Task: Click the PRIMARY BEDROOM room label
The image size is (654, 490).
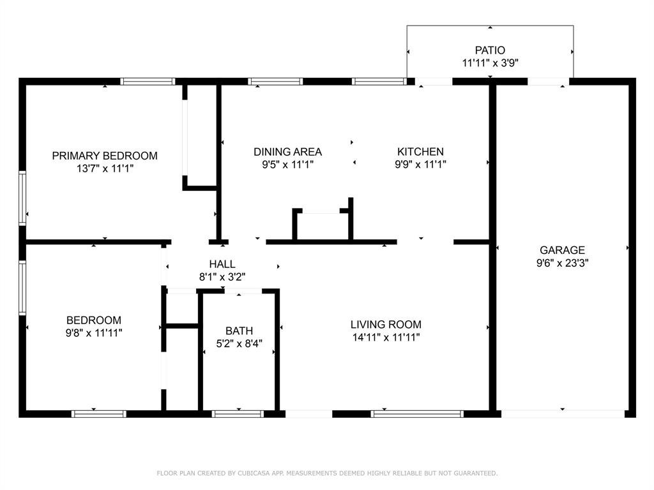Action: click(105, 156)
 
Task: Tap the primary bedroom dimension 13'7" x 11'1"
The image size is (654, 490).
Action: click(105, 168)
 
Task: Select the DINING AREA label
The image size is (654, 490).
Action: click(287, 152)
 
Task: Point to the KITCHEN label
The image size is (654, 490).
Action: click(420, 152)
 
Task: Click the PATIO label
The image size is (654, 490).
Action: click(490, 50)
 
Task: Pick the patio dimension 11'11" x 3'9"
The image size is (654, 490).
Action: click(490, 63)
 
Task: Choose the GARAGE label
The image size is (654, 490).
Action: click(562, 251)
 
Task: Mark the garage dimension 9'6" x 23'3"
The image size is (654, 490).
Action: click(562, 263)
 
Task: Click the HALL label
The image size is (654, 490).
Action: click(222, 264)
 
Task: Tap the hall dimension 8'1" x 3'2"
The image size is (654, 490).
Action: click(222, 277)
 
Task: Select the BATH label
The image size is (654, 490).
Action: click(239, 331)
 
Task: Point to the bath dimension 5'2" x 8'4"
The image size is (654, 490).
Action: click(239, 344)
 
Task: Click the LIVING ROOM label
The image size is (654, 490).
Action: click(386, 325)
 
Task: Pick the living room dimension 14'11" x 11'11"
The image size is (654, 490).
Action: click(386, 338)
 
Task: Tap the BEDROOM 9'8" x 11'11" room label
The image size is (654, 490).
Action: click(94, 320)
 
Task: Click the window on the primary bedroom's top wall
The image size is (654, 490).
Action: click(148, 82)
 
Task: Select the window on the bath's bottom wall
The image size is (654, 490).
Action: click(238, 414)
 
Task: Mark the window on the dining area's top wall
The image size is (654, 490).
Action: click(275, 82)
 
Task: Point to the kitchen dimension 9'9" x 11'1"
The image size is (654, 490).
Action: click(420, 165)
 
